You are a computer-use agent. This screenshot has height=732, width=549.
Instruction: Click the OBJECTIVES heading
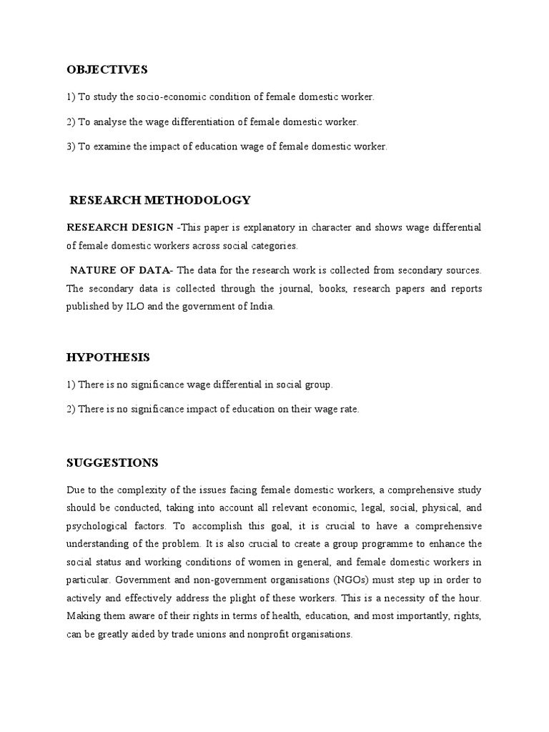pyautogui.click(x=107, y=69)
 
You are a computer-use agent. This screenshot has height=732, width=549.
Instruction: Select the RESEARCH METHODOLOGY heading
pyautogui.click(x=160, y=200)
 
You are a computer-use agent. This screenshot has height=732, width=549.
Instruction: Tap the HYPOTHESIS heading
pyautogui.click(x=108, y=357)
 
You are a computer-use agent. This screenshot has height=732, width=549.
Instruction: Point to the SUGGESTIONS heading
pyautogui.click(x=112, y=463)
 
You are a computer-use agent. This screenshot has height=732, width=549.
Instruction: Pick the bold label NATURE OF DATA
pyautogui.click(x=121, y=270)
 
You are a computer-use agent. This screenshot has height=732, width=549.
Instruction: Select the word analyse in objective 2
pyautogui.click(x=109, y=122)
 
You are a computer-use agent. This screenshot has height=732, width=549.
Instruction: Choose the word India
pyautogui.click(x=259, y=307)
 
